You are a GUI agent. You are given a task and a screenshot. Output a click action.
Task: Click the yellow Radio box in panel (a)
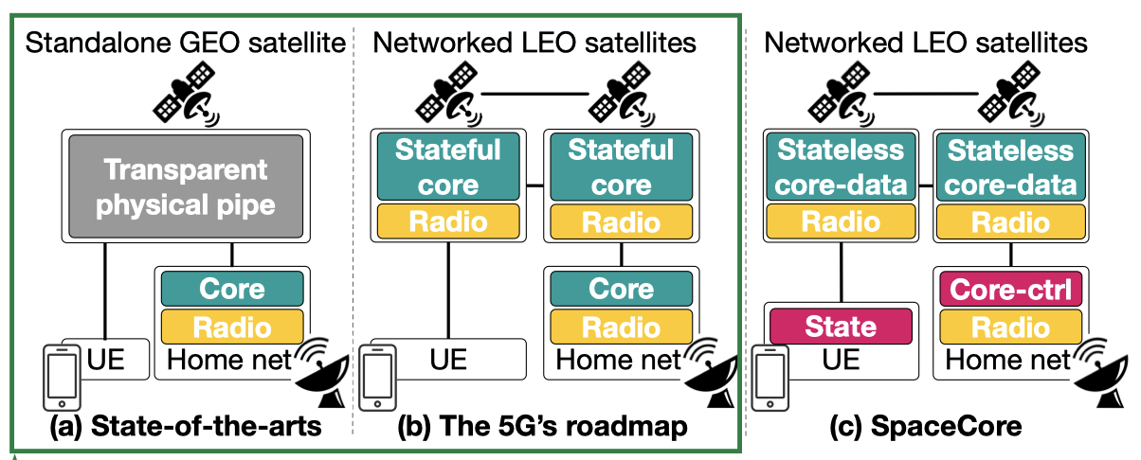pyautogui.click(x=232, y=326)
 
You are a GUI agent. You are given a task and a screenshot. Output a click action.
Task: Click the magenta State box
pyautogui.click(x=841, y=326)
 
